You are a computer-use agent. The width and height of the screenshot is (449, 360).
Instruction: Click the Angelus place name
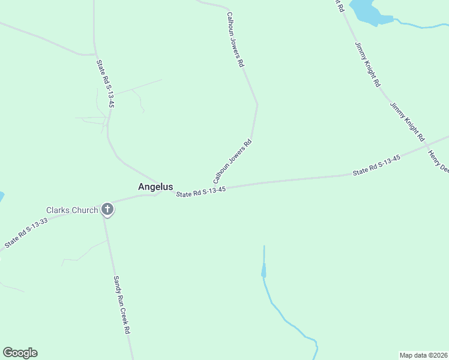pos(155,187)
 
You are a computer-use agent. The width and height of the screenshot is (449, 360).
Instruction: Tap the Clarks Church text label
pos(72,210)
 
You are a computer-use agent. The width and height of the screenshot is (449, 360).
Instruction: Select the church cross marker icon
pos(107,209)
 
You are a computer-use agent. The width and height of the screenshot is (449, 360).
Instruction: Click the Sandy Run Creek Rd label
pos(122,305)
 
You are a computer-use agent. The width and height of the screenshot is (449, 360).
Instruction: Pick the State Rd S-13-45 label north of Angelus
pos(105,83)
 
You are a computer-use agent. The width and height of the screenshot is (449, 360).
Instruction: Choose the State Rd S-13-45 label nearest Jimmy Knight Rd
pos(376,166)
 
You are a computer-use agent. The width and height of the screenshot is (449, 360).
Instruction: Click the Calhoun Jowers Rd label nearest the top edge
pos(235,39)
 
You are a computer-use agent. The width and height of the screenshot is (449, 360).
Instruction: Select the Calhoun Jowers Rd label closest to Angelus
pos(232,162)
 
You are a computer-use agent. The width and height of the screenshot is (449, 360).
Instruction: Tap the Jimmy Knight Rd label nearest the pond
pos(367,65)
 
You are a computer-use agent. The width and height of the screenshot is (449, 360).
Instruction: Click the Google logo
pos(20,353)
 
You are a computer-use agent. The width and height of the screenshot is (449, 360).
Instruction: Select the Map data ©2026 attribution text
pos(424,355)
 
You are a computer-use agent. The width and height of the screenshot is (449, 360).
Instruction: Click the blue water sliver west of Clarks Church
pos(1,196)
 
